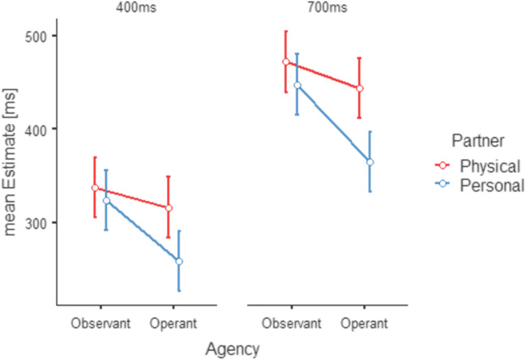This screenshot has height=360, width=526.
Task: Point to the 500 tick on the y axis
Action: [38, 36]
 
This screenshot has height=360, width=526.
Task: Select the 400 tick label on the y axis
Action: [38, 129]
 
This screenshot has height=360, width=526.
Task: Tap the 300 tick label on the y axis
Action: [38, 222]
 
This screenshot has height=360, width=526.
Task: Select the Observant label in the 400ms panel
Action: [100, 324]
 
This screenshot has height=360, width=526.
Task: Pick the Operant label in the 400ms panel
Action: [173, 324]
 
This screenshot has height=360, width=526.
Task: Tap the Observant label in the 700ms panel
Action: [291, 324]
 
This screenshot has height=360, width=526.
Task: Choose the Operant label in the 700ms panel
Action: [364, 324]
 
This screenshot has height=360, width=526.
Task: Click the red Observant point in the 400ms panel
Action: [95, 188]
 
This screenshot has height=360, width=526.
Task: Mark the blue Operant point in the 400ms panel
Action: [179, 261]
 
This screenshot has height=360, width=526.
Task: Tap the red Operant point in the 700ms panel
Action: [359, 88]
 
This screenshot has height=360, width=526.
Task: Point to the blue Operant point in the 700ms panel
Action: [370, 162]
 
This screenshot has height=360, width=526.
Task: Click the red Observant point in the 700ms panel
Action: [285, 62]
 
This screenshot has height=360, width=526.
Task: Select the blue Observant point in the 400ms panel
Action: [106, 200]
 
